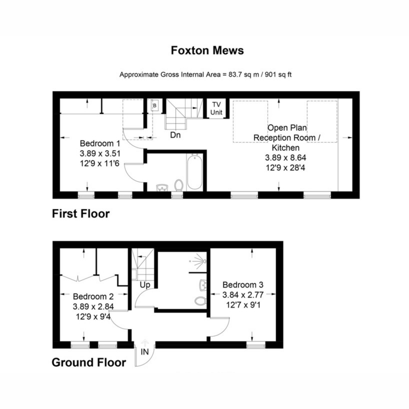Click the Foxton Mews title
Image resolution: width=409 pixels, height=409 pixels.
(207, 50)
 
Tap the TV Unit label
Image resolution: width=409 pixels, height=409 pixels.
(216, 108)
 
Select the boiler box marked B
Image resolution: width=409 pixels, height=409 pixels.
(155, 105)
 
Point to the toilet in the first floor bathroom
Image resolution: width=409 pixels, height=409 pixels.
(179, 185)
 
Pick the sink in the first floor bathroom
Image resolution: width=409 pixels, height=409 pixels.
(162, 187)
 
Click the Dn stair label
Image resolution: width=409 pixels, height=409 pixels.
(175, 135)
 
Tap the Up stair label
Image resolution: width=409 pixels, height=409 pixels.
(145, 285)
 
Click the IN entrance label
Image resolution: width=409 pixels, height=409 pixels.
(145, 352)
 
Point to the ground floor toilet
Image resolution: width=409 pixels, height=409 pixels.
(200, 301)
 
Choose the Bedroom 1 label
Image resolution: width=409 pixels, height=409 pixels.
(100, 143)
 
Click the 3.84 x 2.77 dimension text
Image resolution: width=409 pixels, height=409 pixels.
(243, 295)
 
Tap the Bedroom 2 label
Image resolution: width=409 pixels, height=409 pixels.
(93, 297)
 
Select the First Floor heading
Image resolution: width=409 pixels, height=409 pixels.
(81, 214)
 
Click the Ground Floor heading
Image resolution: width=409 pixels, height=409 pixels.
(89, 363)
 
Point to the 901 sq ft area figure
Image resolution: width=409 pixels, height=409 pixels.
(278, 75)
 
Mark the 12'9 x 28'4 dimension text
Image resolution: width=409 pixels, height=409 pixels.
(286, 168)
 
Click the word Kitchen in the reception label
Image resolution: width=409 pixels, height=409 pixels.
(286, 148)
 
